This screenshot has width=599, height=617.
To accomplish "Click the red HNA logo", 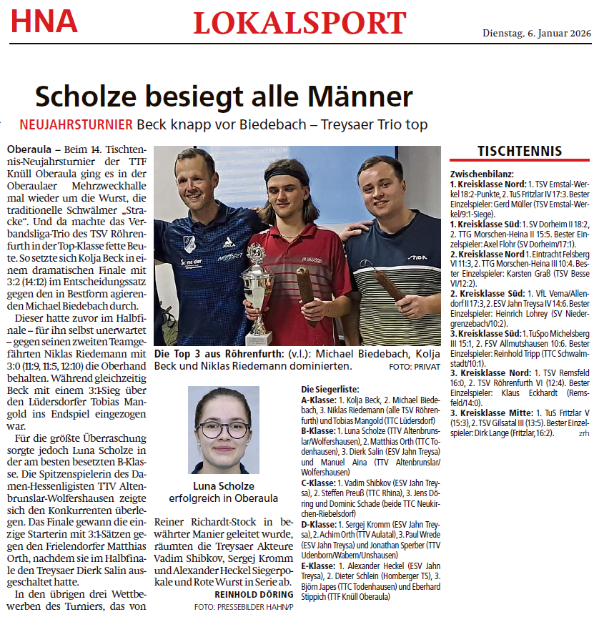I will [x=44, y=21].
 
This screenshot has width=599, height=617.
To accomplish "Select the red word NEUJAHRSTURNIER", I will [x=76, y=124].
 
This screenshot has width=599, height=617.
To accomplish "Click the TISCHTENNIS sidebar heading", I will [x=520, y=151].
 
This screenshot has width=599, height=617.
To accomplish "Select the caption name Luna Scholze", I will [x=224, y=485].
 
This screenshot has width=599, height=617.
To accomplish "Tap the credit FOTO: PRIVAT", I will [x=415, y=366].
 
